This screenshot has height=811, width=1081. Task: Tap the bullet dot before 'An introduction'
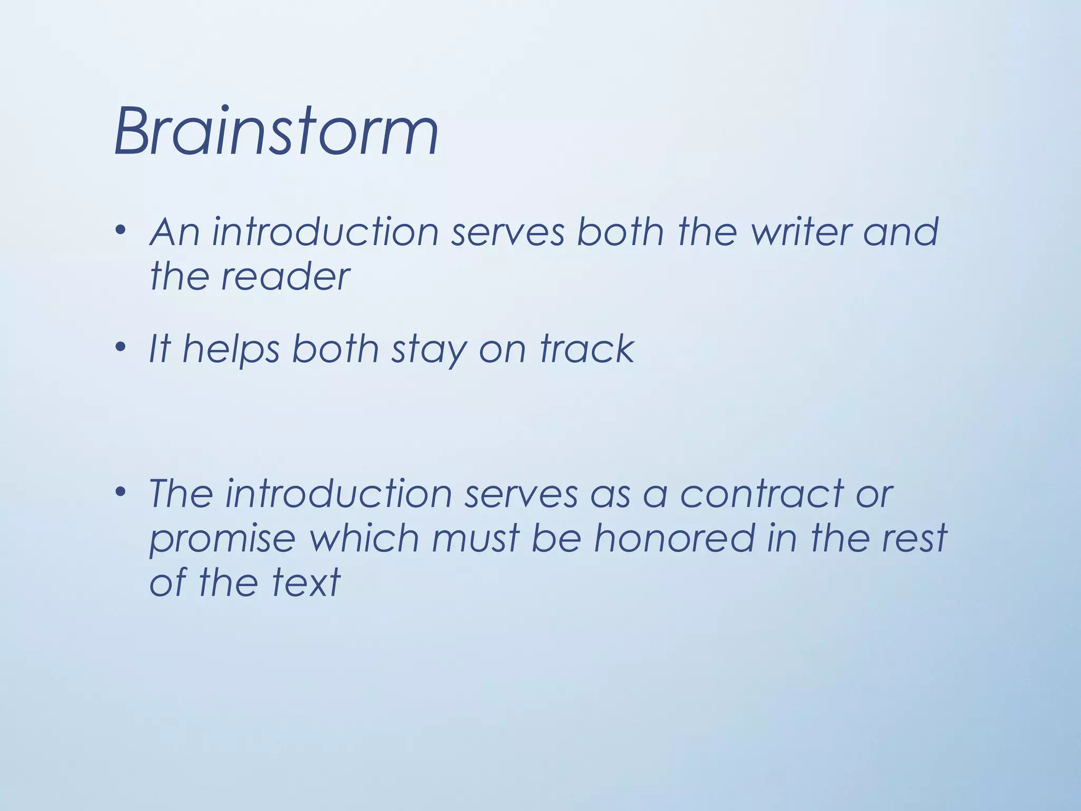[121, 230]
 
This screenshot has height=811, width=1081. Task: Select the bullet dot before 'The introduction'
[121, 492]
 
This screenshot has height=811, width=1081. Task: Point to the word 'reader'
[285, 277]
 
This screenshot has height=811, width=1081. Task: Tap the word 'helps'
[231, 350]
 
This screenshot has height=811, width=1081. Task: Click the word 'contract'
[761, 494]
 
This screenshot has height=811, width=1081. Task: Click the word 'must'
[476, 539]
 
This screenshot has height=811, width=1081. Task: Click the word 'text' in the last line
[306, 583]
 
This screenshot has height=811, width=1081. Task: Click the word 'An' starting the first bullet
[175, 232]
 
